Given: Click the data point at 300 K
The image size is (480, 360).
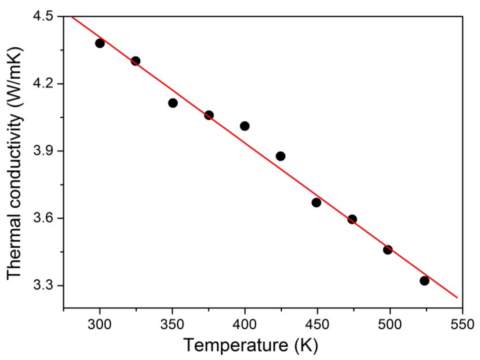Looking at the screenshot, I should pyautogui.click(x=100, y=43).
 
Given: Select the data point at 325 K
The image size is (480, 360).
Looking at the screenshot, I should pyautogui.click(x=136, y=61).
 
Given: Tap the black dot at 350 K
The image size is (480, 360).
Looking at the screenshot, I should pyautogui.click(x=173, y=103).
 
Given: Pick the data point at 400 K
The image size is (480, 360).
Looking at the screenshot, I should pyautogui.click(x=245, y=126).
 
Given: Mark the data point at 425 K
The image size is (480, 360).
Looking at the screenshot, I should pyautogui.click(x=281, y=156).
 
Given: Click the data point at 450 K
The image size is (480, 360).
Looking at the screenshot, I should pyautogui.click(x=316, y=203).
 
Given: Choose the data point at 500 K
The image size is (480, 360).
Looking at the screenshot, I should pyautogui.click(x=388, y=250).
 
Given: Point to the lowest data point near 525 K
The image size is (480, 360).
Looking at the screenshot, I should pyautogui.click(x=424, y=281).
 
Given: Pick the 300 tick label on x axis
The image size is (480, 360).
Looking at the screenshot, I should pyautogui.click(x=100, y=325).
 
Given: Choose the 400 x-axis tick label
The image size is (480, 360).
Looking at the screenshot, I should pyautogui.click(x=245, y=325).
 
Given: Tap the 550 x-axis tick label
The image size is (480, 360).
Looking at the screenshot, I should pyautogui.click(x=462, y=325).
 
